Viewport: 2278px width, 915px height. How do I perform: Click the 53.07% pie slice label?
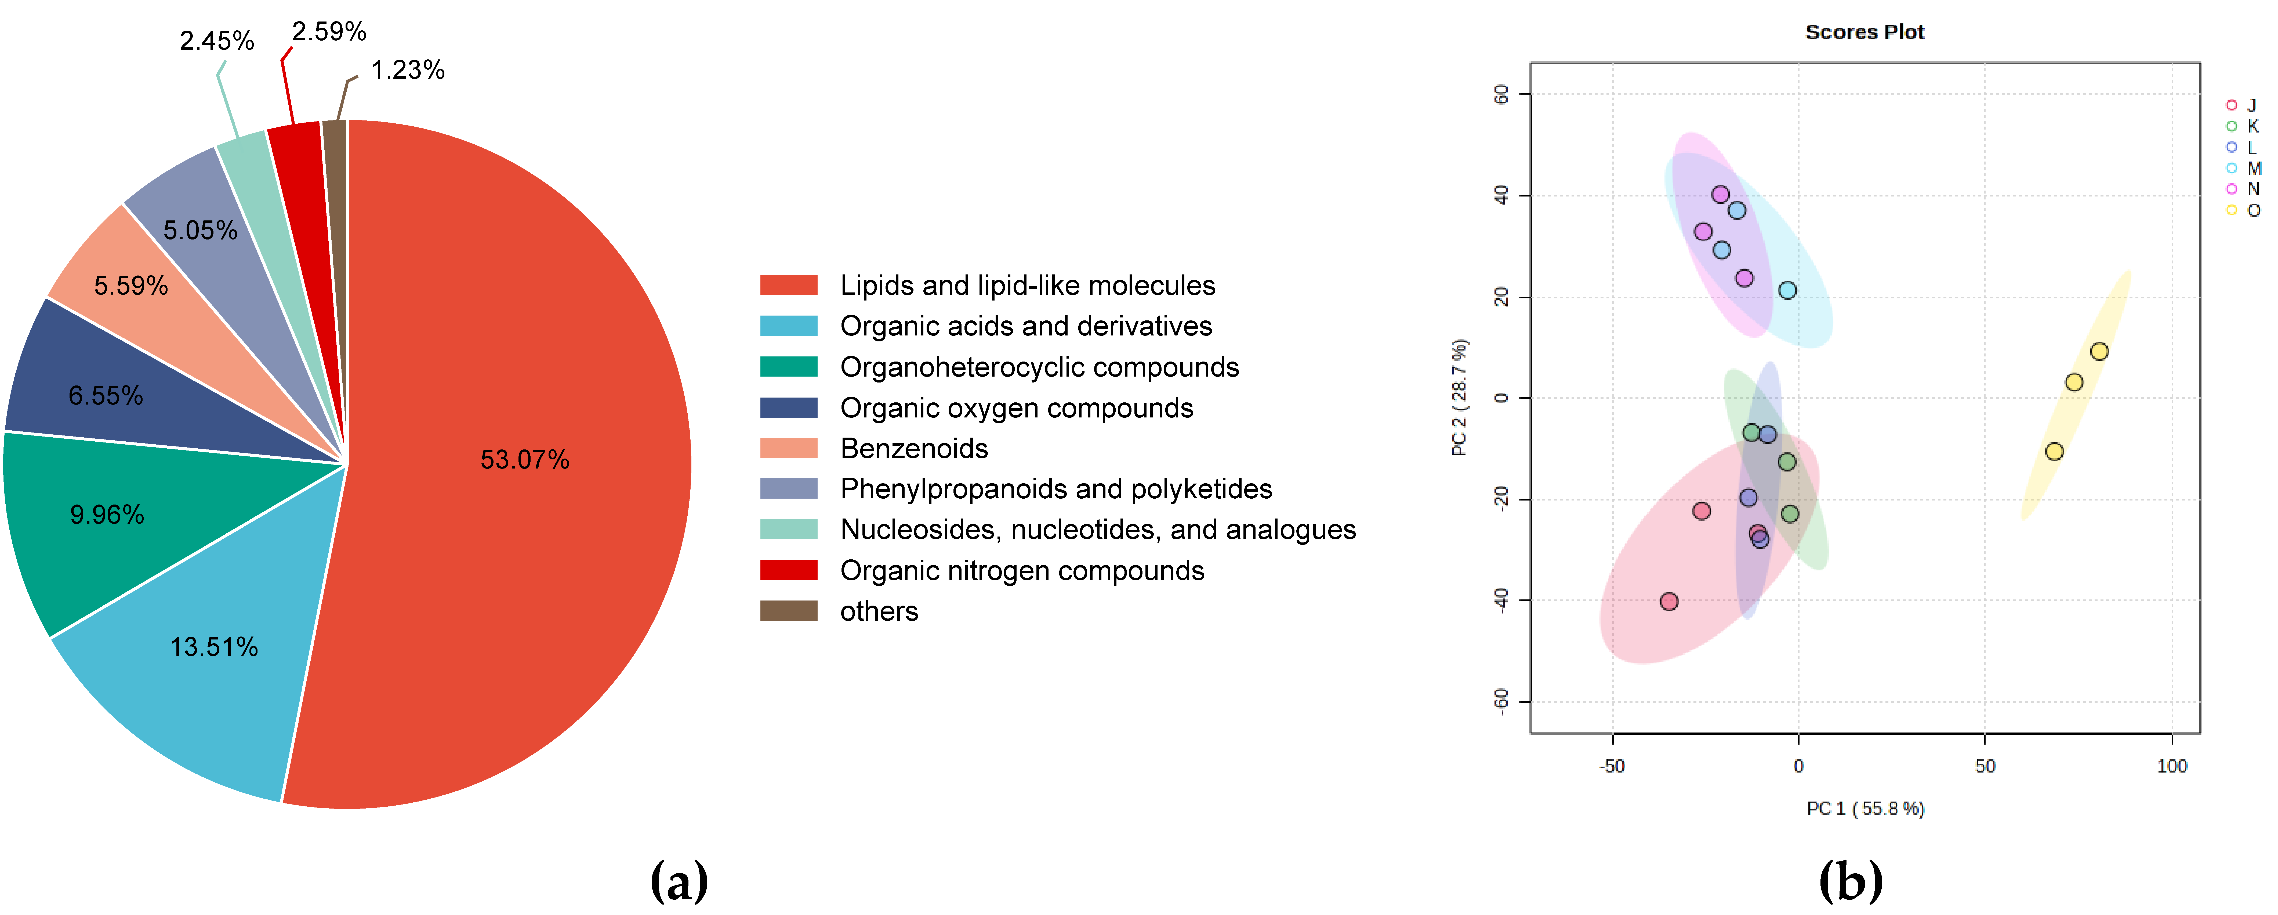(x=524, y=459)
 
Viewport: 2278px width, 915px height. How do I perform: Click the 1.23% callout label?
(x=408, y=70)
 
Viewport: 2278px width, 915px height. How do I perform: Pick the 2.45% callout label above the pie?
(x=217, y=41)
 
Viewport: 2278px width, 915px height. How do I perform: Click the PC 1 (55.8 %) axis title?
(x=1864, y=808)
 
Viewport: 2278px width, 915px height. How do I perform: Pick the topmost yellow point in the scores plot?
(x=2098, y=351)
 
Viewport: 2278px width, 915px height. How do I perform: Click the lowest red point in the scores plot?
(x=1669, y=602)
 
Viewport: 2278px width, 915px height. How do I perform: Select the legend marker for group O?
(x=2231, y=210)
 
